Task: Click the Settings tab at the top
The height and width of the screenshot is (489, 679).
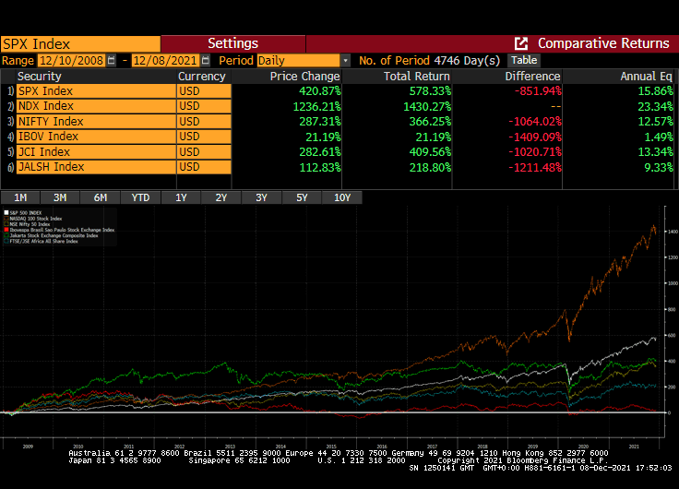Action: tap(232, 43)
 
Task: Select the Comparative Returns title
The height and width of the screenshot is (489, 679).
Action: tap(603, 43)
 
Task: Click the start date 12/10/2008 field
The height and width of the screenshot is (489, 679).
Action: tap(72, 60)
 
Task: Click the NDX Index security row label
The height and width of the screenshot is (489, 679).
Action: tap(95, 106)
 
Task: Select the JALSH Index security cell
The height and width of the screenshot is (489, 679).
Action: tap(95, 167)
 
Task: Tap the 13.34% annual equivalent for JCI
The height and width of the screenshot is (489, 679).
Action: tap(655, 152)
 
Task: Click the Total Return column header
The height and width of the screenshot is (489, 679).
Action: tap(417, 77)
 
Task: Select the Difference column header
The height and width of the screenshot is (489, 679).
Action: tap(532, 77)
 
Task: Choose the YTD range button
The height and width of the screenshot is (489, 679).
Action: tap(140, 197)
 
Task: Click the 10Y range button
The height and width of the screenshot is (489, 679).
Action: tap(341, 197)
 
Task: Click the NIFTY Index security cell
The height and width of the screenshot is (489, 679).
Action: tap(95, 122)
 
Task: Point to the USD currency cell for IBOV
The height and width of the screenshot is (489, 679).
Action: tap(203, 137)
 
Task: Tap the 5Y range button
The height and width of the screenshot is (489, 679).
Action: tap(302, 197)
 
